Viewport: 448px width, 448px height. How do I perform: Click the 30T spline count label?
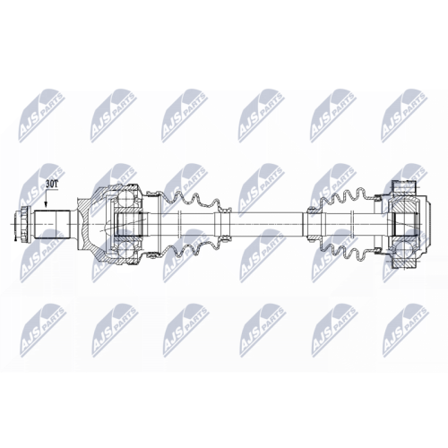(x=52, y=184)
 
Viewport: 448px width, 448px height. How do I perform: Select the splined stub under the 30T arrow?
(x=52, y=224)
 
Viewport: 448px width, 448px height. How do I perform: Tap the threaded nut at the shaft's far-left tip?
(x=22, y=224)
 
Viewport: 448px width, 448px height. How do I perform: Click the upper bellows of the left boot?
(x=191, y=200)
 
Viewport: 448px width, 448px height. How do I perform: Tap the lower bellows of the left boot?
(x=191, y=248)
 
